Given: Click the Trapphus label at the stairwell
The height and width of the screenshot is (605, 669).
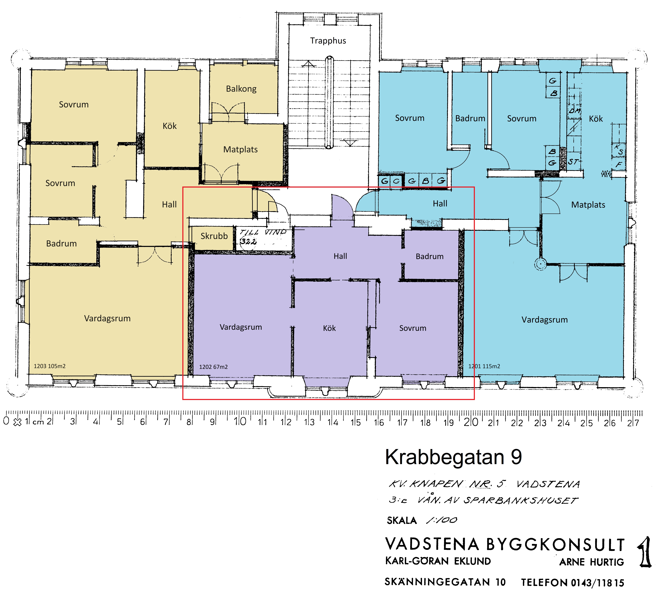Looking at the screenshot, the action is (328, 41).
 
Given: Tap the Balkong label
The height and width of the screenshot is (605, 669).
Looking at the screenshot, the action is (241, 89).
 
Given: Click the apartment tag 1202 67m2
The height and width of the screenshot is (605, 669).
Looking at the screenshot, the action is (213, 367).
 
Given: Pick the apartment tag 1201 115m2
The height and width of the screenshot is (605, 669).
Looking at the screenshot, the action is (484, 366).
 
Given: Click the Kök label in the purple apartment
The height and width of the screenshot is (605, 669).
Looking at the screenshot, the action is (330, 328).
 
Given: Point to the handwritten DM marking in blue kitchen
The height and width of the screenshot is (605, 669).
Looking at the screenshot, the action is (574, 110).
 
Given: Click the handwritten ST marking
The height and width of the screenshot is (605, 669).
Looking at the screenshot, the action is (573, 162).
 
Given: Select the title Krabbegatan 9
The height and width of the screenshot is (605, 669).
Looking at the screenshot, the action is (453, 457).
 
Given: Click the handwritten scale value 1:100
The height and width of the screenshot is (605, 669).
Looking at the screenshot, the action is (442, 520).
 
